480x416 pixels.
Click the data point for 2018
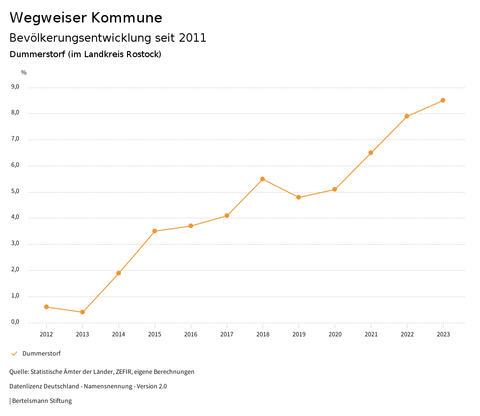(x=262, y=179)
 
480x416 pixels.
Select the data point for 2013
(x=82, y=312)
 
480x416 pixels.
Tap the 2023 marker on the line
(x=443, y=100)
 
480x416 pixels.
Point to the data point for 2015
(x=155, y=231)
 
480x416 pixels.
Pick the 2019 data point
(x=299, y=197)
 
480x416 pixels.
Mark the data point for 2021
(x=371, y=153)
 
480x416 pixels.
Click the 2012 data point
(x=46, y=307)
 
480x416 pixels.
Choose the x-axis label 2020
(x=335, y=334)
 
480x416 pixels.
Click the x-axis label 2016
(x=191, y=334)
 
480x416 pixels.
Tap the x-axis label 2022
(x=407, y=334)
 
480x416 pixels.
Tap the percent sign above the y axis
(x=24, y=72)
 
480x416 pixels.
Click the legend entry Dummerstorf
(x=41, y=353)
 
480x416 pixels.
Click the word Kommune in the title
(x=127, y=18)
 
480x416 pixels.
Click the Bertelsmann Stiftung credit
(x=42, y=401)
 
